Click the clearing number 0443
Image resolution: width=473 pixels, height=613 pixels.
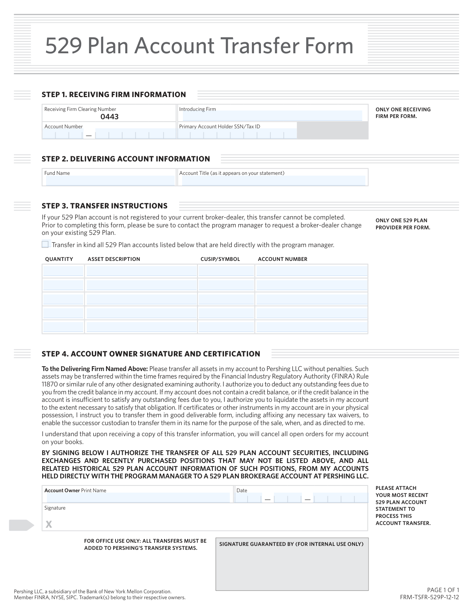click(x=109, y=116)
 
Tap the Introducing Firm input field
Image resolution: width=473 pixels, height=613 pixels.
click(x=272, y=116)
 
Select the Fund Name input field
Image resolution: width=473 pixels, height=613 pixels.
click(x=110, y=180)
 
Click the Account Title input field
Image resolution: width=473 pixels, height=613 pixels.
click(x=273, y=180)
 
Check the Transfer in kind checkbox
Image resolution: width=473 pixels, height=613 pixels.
click(x=45, y=244)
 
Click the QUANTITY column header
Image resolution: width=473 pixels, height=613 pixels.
click(x=59, y=259)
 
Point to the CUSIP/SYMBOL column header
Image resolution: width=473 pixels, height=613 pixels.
click(x=220, y=259)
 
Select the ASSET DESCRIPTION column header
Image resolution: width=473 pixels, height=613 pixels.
click(x=114, y=259)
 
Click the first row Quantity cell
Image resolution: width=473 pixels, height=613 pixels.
click(x=63, y=271)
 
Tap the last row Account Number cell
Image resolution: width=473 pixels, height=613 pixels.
click(x=311, y=327)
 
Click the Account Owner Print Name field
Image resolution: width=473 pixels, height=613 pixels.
click(x=137, y=498)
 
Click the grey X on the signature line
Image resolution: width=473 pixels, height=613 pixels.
click(x=49, y=524)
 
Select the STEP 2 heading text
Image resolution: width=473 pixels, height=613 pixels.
click(x=126, y=159)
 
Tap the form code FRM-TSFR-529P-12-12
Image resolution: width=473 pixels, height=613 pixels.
click(x=429, y=597)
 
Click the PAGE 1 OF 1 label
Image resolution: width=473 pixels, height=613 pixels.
click(x=443, y=591)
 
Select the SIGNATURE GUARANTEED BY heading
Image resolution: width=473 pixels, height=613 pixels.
click(x=291, y=544)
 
